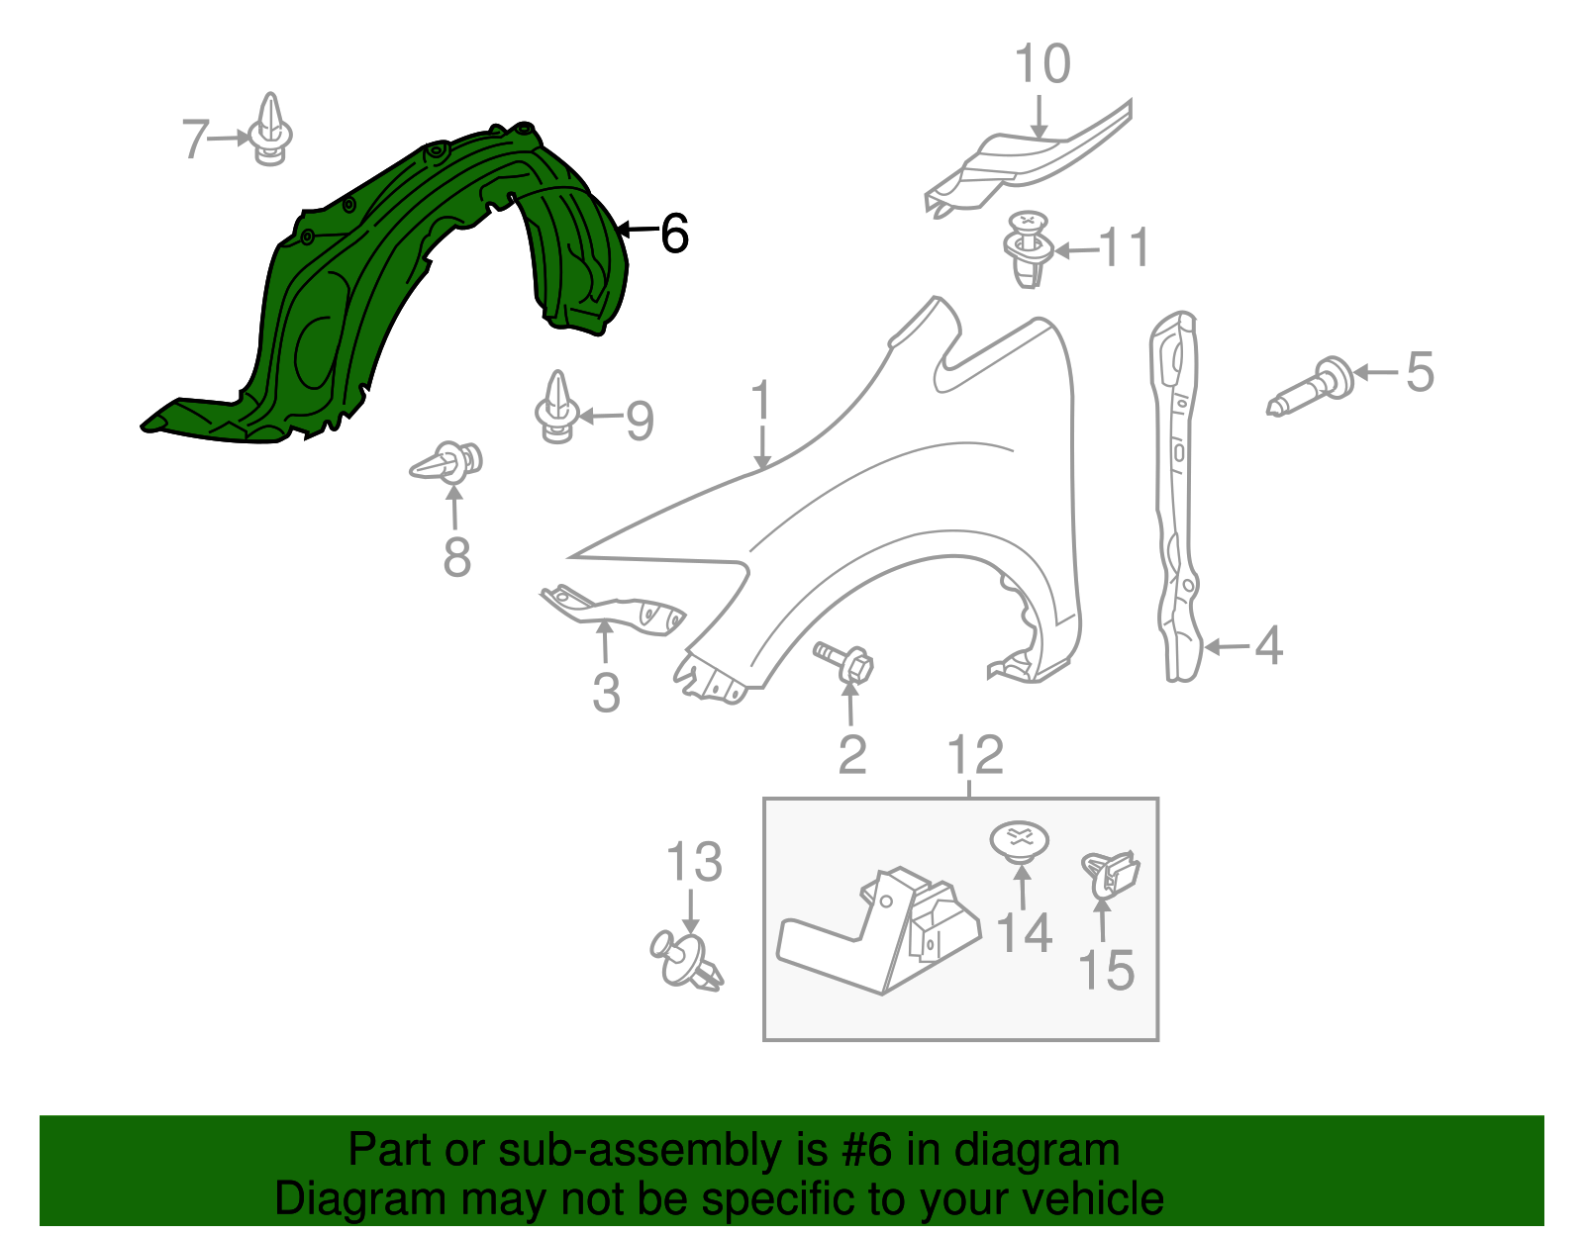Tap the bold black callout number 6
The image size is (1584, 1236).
(x=673, y=235)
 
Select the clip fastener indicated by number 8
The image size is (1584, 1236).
(x=449, y=462)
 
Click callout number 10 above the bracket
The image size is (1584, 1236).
(x=1042, y=64)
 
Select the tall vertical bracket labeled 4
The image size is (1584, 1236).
(x=1178, y=495)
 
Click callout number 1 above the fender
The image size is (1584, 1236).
(x=760, y=401)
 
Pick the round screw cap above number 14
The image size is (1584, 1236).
(x=1020, y=840)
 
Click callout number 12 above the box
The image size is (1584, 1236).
(x=975, y=756)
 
